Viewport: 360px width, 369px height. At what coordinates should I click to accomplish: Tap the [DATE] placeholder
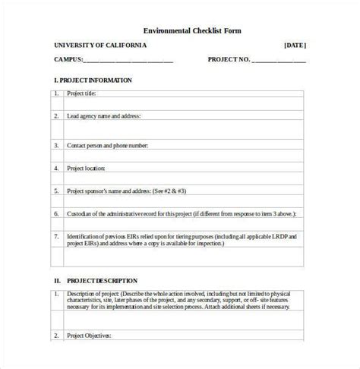tap(295, 45)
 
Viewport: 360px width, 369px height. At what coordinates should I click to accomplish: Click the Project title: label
tap(82, 94)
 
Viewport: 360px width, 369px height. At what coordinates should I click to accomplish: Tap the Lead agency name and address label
tap(103, 116)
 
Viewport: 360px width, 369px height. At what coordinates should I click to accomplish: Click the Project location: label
tap(86, 168)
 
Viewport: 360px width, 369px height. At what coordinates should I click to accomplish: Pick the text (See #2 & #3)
tap(170, 191)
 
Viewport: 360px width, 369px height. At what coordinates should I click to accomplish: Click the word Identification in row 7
tap(84, 236)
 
